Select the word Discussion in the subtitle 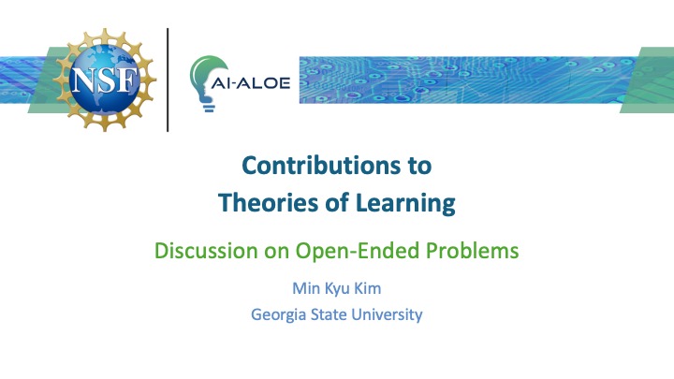point(198,251)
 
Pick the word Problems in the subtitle point(473,251)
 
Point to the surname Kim point(368,290)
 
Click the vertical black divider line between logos point(168,80)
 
